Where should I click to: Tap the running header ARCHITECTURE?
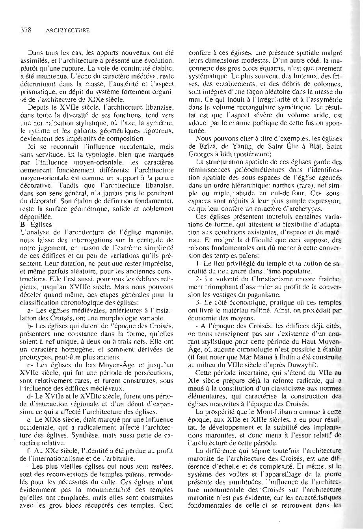click(68, 30)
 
